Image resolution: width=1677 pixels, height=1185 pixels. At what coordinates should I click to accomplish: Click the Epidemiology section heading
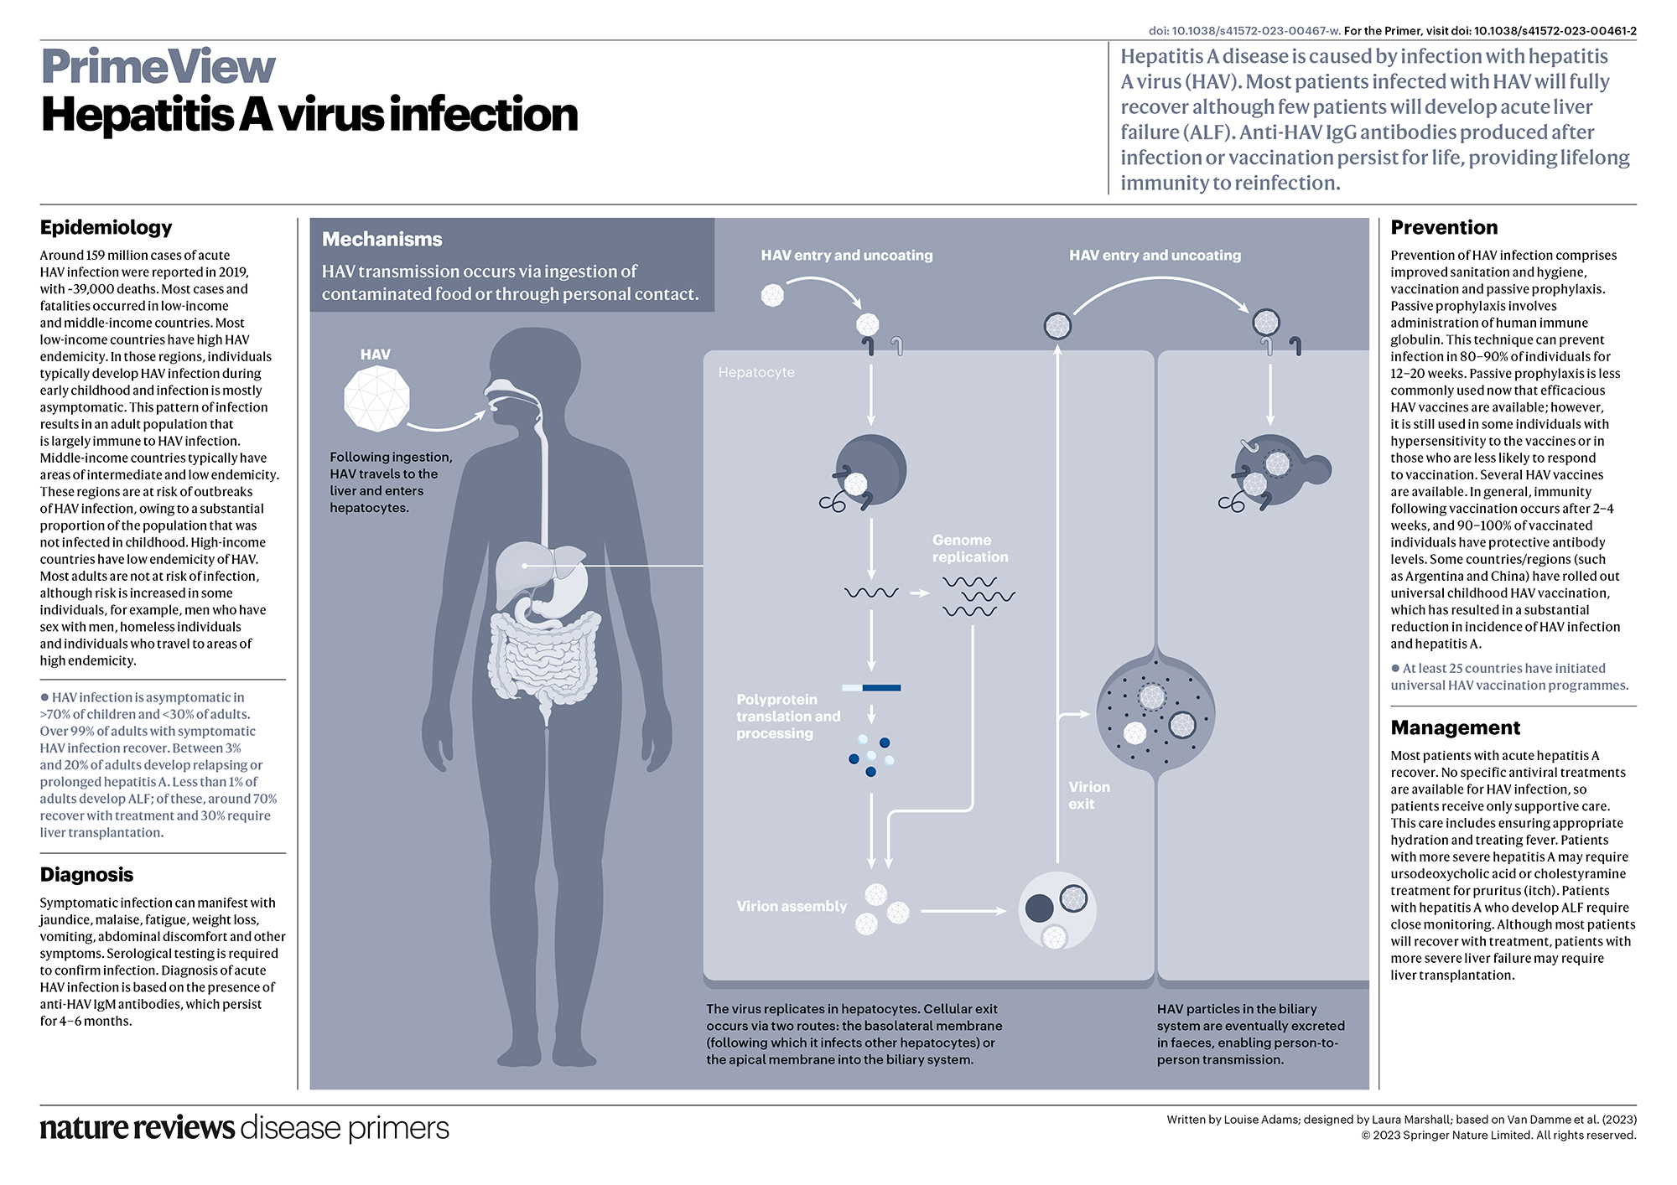(106, 227)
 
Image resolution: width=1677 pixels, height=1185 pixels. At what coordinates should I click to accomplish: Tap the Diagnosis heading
(86, 874)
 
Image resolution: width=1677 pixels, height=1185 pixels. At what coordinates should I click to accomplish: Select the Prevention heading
(1443, 227)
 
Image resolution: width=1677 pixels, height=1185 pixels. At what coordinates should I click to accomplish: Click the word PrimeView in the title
(158, 67)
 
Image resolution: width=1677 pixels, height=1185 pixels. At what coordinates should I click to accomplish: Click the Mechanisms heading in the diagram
(382, 239)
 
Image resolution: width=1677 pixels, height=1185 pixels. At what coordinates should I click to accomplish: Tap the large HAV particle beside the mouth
(377, 398)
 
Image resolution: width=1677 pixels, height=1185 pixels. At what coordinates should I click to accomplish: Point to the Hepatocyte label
(755, 372)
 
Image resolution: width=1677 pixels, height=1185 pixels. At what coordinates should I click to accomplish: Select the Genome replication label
(969, 548)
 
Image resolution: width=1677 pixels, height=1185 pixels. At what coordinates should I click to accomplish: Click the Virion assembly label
(791, 906)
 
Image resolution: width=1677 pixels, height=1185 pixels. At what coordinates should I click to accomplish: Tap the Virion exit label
(1088, 795)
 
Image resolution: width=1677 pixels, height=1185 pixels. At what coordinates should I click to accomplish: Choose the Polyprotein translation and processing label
(787, 716)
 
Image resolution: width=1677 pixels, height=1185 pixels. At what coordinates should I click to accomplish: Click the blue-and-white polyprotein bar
(871, 688)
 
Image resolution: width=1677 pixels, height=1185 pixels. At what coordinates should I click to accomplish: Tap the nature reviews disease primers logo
(244, 1128)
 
